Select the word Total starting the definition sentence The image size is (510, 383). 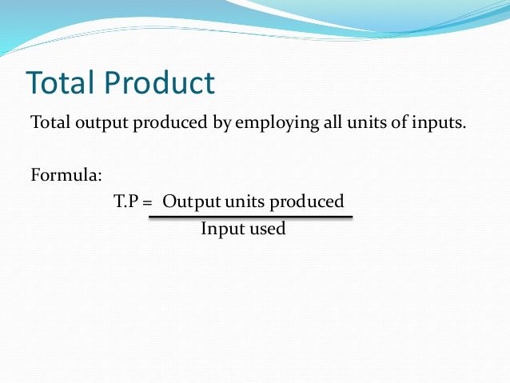click(47, 123)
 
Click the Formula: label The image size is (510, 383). click(66, 174)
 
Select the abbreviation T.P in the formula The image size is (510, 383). click(126, 201)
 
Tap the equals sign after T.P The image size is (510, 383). click(148, 202)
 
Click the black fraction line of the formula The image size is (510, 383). click(250, 216)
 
